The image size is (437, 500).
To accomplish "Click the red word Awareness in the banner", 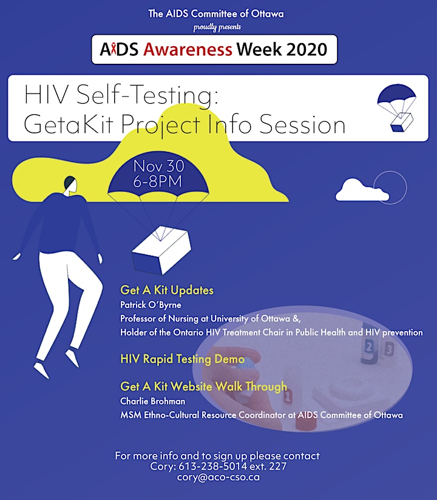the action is [x=188, y=49].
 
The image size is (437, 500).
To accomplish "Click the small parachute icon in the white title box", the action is [x=396, y=108].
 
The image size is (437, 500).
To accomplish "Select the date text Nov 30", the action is [x=158, y=166].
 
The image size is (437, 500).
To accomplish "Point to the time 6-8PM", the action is [x=157, y=181].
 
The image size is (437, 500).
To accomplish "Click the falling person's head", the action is [x=70, y=184].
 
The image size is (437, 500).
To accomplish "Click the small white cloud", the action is [x=362, y=190].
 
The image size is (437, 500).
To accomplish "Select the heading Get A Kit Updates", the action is [x=167, y=290].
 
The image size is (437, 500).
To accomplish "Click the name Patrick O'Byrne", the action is [x=151, y=305].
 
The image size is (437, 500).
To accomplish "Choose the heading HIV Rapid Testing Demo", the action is [x=183, y=359].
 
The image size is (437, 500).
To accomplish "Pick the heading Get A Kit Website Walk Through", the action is [x=203, y=386].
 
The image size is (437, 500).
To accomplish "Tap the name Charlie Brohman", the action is [x=152, y=401].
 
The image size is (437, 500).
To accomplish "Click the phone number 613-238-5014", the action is [x=212, y=466].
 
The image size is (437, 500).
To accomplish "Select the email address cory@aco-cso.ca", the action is [x=218, y=478].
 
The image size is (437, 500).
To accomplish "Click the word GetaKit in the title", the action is [x=69, y=124].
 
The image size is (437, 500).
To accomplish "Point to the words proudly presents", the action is [x=217, y=27].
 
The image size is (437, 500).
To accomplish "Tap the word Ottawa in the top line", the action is [x=268, y=14].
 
